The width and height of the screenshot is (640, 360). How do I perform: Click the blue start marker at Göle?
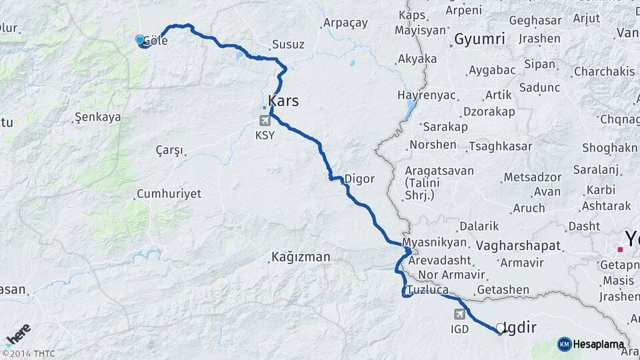140,40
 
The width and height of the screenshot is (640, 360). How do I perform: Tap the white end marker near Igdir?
500,327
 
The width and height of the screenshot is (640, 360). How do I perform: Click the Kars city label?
283,101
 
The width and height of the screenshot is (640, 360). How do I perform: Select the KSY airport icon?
266,121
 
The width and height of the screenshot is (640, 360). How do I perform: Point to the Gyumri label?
479,39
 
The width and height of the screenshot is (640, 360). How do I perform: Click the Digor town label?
359,179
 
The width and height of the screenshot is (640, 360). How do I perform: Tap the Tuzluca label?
427,290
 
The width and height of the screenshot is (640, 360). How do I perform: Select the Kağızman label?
301,256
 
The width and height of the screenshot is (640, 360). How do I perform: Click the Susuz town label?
288,45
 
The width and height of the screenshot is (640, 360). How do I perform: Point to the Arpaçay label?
345,23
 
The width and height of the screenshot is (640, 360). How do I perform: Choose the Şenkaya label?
98,117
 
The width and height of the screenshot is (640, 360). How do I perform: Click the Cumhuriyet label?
169,194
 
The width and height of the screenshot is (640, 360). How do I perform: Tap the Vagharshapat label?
519,245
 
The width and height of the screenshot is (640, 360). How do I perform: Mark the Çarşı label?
169,150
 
